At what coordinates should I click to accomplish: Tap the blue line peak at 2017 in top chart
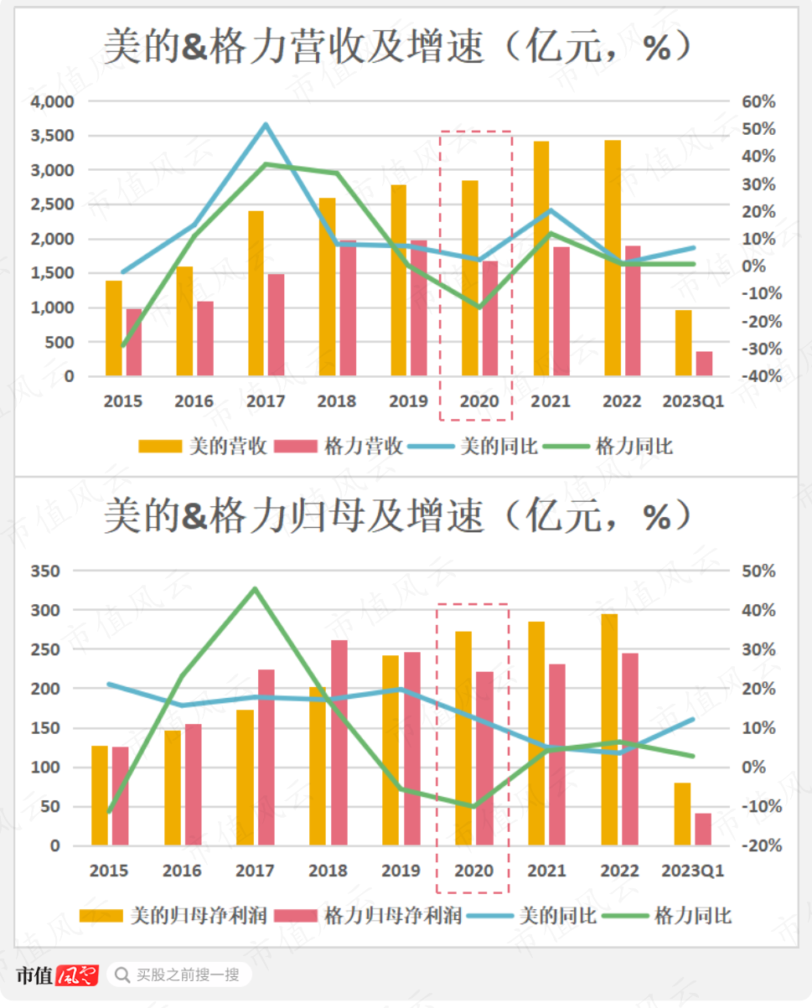(266, 125)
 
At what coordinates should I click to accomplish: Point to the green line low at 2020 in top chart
(479, 308)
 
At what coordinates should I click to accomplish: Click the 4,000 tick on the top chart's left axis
(52, 101)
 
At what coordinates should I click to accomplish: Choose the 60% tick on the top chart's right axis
(759, 101)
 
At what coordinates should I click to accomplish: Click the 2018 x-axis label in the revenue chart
(336, 401)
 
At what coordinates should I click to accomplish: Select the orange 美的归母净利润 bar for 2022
(609, 729)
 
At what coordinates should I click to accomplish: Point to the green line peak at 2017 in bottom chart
(255, 588)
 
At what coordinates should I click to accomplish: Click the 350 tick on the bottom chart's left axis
(47, 571)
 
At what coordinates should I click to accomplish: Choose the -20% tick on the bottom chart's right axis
(762, 846)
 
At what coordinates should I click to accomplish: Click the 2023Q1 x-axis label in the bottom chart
(692, 871)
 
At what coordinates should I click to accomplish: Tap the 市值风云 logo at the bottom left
(57, 974)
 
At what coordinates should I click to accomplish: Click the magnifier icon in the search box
(123, 975)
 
